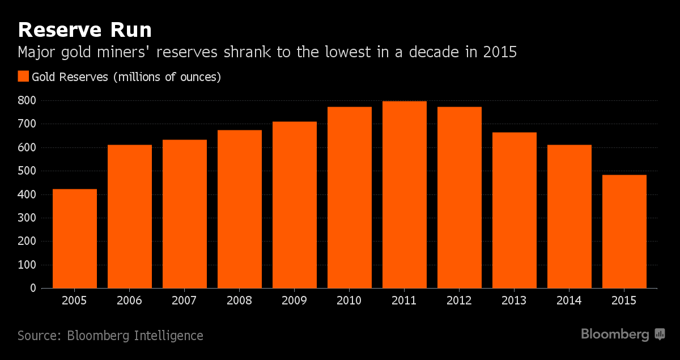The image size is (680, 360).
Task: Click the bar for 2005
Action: (75, 238)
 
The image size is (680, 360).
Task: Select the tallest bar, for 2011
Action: (405, 194)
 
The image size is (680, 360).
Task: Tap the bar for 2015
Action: (624, 231)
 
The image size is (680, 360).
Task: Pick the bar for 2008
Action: (240, 209)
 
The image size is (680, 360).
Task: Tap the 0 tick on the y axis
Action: (33, 288)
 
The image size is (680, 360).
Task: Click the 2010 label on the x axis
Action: (350, 300)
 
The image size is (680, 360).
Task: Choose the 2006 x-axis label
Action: (130, 300)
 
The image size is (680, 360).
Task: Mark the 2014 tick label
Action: (569, 300)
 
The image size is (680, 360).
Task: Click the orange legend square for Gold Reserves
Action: (23, 77)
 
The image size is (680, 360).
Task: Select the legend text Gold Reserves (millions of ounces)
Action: (126, 77)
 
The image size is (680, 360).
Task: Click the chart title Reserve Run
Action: (85, 29)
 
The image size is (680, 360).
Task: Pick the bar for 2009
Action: (295, 205)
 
